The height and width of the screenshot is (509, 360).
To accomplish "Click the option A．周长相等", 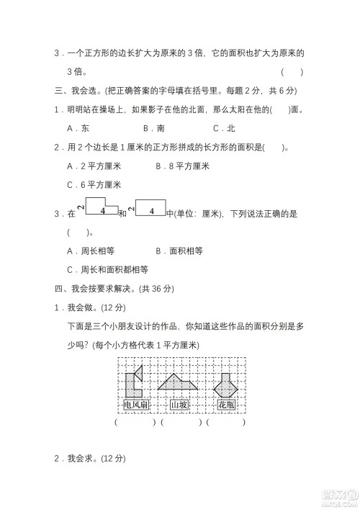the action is pyautogui.click(x=90, y=251).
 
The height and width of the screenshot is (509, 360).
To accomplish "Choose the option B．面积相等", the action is pyautogui.click(x=179, y=251).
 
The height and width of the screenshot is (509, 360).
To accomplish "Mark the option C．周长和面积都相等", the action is pyautogui.click(x=107, y=269).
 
